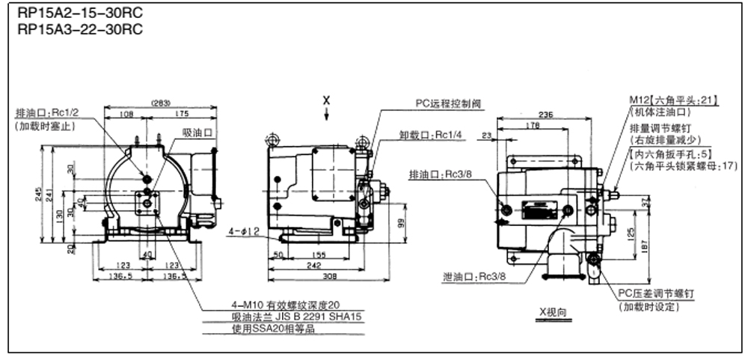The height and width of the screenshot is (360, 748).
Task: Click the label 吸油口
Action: pyautogui.click(x=199, y=132)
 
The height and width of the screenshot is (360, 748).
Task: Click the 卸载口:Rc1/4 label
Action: pyautogui.click(x=426, y=135)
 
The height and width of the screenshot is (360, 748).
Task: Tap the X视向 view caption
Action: pyautogui.click(x=554, y=310)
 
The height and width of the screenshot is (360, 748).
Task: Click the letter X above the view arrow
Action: pyautogui.click(x=326, y=99)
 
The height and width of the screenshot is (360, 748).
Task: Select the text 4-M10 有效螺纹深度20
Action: pyautogui.click(x=286, y=305)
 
